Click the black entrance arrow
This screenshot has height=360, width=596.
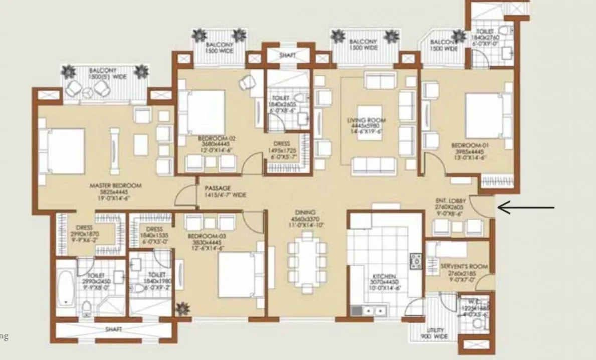click(526, 207)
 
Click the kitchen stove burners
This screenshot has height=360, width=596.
click(416, 261)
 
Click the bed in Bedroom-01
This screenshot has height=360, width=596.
click(484, 113)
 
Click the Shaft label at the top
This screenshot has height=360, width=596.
click(287, 54)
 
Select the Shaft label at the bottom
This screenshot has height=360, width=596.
click(114, 329)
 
